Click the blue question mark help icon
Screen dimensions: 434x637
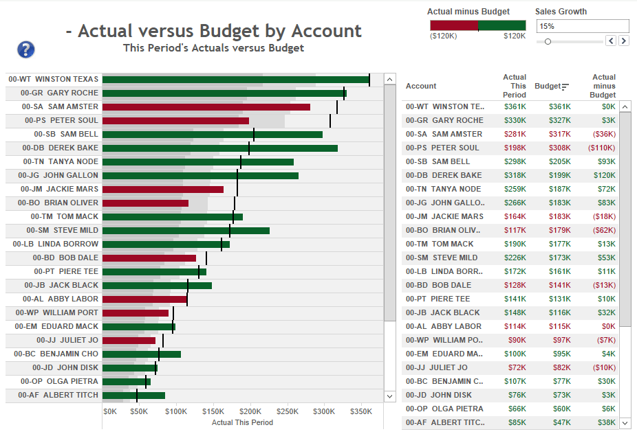(x=25, y=49)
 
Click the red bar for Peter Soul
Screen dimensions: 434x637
(x=175, y=121)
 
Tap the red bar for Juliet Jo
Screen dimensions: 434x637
(x=129, y=341)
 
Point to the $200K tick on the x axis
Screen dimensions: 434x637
(x=250, y=412)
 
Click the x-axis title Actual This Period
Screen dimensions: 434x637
(x=242, y=422)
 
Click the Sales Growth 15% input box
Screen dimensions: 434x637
(x=582, y=26)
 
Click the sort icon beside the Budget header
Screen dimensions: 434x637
(x=565, y=87)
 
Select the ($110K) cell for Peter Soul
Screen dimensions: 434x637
(x=602, y=148)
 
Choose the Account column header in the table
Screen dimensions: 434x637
(x=421, y=86)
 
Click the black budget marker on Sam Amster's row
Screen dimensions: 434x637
(x=337, y=107)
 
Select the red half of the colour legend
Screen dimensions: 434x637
(x=453, y=25)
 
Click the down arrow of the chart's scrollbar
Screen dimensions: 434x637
(x=390, y=396)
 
